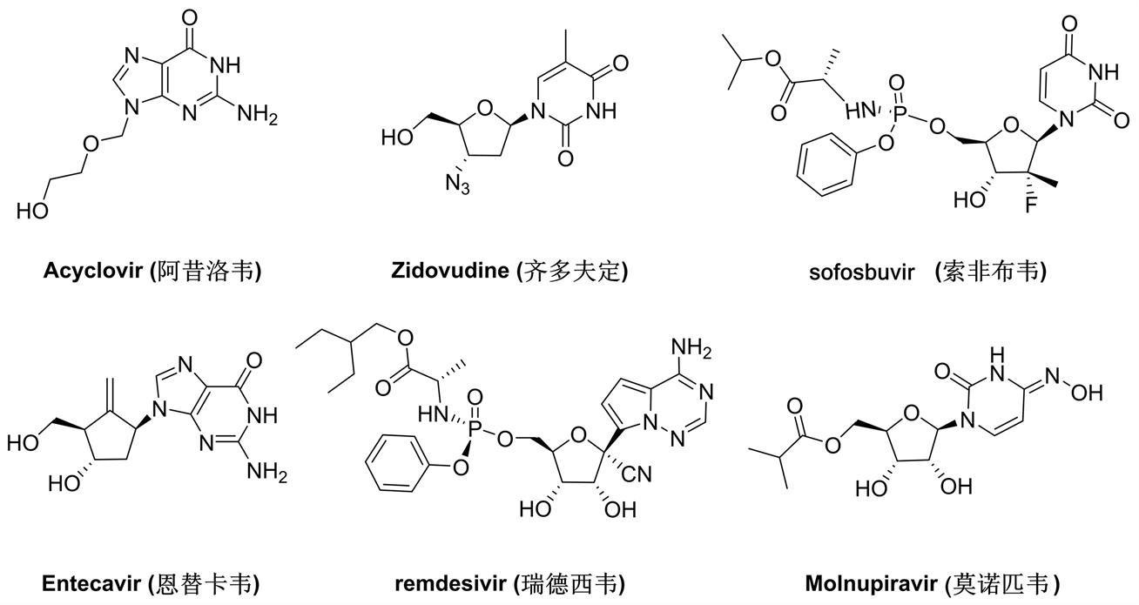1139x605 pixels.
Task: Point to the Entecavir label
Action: pos(91,581)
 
